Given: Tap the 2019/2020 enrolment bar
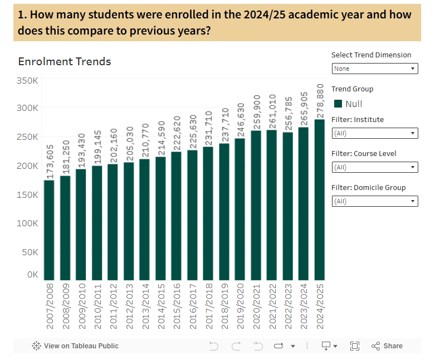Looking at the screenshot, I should pyautogui.click(x=240, y=209).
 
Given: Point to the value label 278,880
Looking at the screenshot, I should pyautogui.click(x=320, y=100).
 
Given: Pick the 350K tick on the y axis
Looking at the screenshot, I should pyautogui.click(x=27, y=80).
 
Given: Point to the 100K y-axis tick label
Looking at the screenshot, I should pyautogui.click(x=27, y=223).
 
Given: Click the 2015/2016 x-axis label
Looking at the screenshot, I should pyautogui.click(x=177, y=307).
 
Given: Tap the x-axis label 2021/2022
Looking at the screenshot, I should pyautogui.click(x=272, y=307).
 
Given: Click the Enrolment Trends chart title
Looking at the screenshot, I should pyautogui.click(x=65, y=61).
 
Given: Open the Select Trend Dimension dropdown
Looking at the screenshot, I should pyautogui.click(x=374, y=69).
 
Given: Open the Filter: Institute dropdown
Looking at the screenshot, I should pyautogui.click(x=374, y=133).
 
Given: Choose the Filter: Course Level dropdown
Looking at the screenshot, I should pyautogui.click(x=374, y=167).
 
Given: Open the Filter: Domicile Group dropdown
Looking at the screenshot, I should pyautogui.click(x=374, y=201).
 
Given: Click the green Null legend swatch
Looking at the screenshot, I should pyautogui.click(x=338, y=104).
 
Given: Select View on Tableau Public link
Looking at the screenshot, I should pyautogui.click(x=75, y=346).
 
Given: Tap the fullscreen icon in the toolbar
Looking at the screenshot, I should pyautogui.click(x=355, y=346).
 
